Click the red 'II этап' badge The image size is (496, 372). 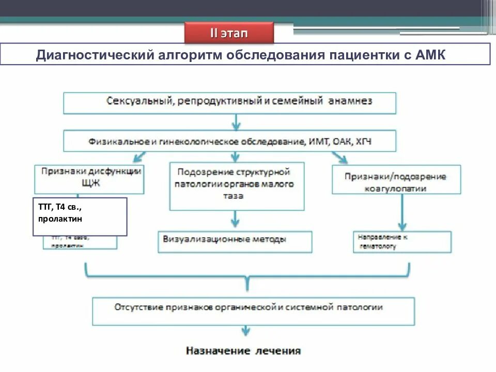pyautogui.click(x=229, y=34)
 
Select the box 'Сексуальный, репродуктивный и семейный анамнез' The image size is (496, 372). pyautogui.click(x=229, y=102)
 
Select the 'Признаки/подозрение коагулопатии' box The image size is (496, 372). pyautogui.click(x=396, y=180)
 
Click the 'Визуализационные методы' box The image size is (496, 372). pyautogui.click(x=235, y=241)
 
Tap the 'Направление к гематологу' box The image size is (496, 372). pyautogui.click(x=401, y=241)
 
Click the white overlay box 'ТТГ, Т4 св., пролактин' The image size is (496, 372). pyautogui.click(x=80, y=216)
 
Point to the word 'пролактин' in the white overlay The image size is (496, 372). pyautogui.click(x=60, y=219)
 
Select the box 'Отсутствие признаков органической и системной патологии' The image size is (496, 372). pyautogui.click(x=253, y=310)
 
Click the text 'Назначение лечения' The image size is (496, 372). pyautogui.click(x=243, y=351)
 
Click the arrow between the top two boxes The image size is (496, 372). pyautogui.click(x=236, y=122)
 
